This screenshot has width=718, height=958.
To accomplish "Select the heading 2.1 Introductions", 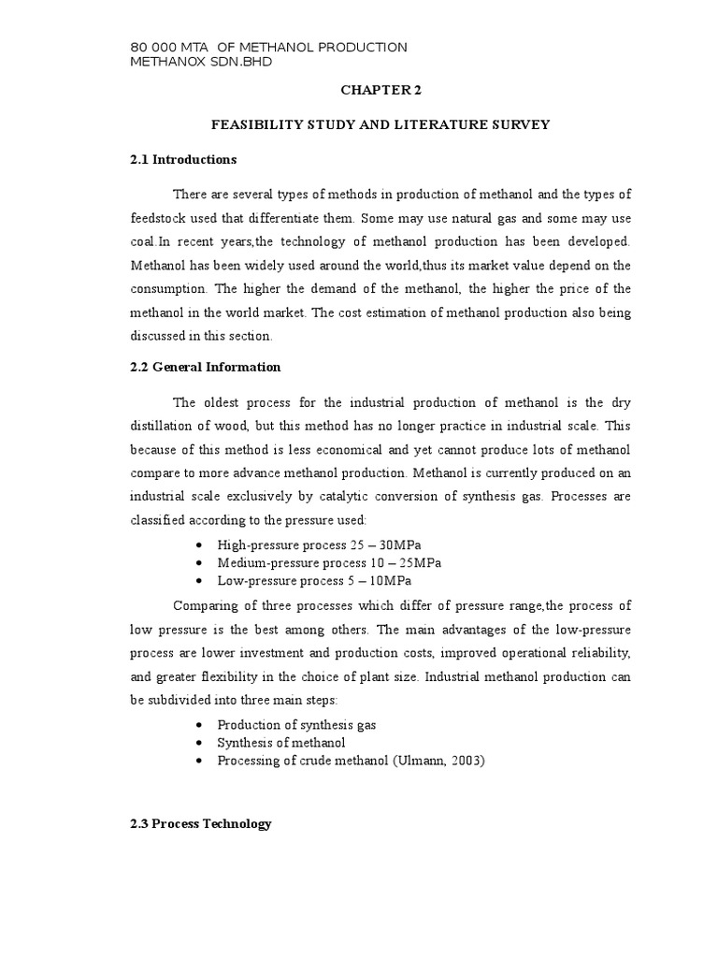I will click(x=183, y=159).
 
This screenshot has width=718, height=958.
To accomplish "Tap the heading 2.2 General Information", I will click(x=206, y=367).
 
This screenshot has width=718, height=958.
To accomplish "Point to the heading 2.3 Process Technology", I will click(x=201, y=823).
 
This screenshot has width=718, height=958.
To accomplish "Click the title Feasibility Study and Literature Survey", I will click(x=380, y=124).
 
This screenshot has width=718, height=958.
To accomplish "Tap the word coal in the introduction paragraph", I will click(x=142, y=241).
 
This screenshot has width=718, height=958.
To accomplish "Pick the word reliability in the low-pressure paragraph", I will click(x=600, y=650).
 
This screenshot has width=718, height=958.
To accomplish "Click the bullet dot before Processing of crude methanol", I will click(x=203, y=762).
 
